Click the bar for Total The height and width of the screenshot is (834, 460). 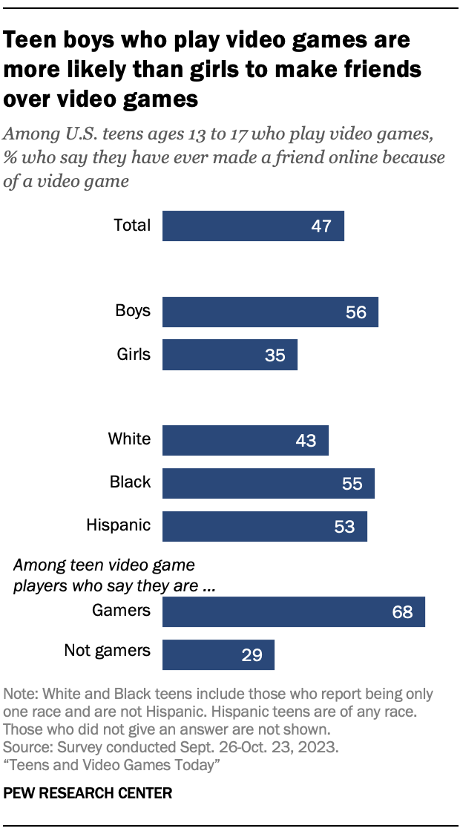click(253, 226)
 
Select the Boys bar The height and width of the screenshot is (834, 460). click(270, 312)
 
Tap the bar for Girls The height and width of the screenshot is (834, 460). click(230, 355)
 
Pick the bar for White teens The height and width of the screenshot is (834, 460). click(246, 440)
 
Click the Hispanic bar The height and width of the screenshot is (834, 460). click(265, 526)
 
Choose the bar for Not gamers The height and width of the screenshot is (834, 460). click(218, 654)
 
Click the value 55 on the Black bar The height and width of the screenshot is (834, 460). click(352, 484)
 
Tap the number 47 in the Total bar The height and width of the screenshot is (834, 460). click(322, 226)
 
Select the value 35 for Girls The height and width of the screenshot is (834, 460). click(275, 355)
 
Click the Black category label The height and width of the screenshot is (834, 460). click(130, 482)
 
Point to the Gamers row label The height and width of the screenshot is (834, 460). click(121, 611)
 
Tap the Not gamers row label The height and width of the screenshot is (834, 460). click(107, 651)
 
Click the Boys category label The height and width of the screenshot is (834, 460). click(133, 310)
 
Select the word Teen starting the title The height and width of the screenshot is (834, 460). click(30, 39)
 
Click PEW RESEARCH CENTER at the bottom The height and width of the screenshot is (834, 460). click(88, 793)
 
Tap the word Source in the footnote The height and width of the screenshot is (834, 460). click(24, 744)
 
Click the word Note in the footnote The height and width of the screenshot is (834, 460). click(20, 695)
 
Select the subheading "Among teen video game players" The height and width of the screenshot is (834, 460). click(105, 565)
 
